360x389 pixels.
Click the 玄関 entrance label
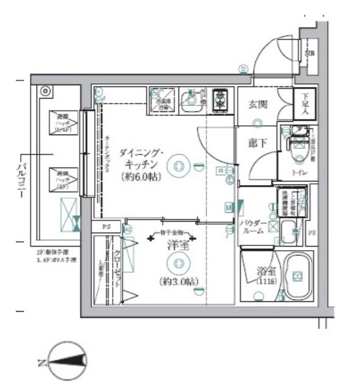[255, 104]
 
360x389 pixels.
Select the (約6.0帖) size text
[141, 178]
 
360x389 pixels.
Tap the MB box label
[310, 54]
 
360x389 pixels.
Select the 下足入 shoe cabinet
[304, 104]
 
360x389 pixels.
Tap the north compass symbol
[67, 364]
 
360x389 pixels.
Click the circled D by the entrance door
[244, 69]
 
